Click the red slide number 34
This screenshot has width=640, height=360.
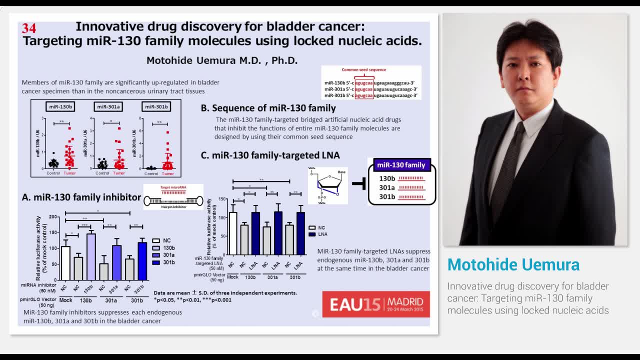click(29, 28)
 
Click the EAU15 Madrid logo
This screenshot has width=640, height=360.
click(375, 304)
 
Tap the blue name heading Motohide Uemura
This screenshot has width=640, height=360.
click(513, 264)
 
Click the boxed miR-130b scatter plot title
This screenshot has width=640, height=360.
click(60, 106)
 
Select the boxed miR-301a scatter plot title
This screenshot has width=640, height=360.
click(108, 106)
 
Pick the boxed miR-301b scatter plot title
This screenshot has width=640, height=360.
click(156, 106)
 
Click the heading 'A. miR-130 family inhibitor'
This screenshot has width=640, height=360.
click(81, 197)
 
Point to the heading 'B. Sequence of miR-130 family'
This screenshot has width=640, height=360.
click(268, 108)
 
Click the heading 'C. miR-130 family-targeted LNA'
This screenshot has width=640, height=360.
click(270, 155)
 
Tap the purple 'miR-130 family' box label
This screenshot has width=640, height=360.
click(401, 165)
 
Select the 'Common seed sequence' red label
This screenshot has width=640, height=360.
click(363, 70)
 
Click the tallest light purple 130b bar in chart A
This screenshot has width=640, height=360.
click(91, 256)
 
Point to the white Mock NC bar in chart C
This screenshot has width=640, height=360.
click(232, 233)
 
